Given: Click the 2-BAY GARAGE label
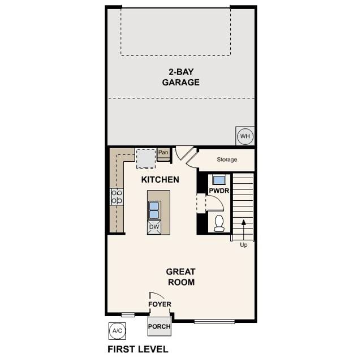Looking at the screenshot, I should click(x=180, y=77).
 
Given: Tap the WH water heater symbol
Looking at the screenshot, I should click(x=244, y=136).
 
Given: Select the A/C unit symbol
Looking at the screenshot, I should click(x=116, y=330).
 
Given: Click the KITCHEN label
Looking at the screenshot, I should click(x=160, y=180).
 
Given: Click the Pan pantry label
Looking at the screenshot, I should click(x=163, y=152).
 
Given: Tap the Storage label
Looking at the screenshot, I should click(x=227, y=160).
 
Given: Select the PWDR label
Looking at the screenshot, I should click(x=218, y=191).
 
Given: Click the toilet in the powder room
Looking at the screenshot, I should click(x=219, y=223).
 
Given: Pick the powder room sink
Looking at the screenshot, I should click(x=218, y=180).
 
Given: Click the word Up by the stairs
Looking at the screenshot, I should click(x=244, y=245).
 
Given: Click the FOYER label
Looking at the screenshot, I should click(x=160, y=304).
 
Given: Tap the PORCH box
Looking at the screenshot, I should click(x=159, y=327).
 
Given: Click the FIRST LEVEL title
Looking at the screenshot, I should click(x=137, y=349).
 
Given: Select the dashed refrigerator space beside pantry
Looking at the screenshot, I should click(x=146, y=158).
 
